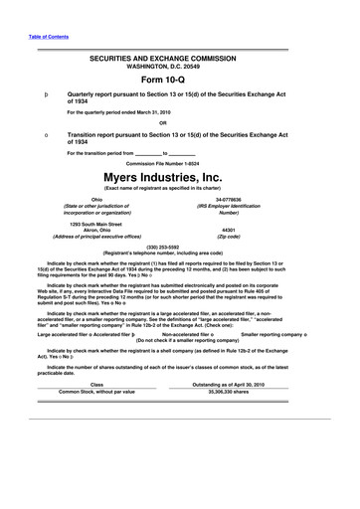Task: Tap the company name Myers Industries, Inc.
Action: click(x=180, y=178)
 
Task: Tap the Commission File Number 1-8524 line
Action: click(x=180, y=163)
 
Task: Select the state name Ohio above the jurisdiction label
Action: click(x=96, y=198)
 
